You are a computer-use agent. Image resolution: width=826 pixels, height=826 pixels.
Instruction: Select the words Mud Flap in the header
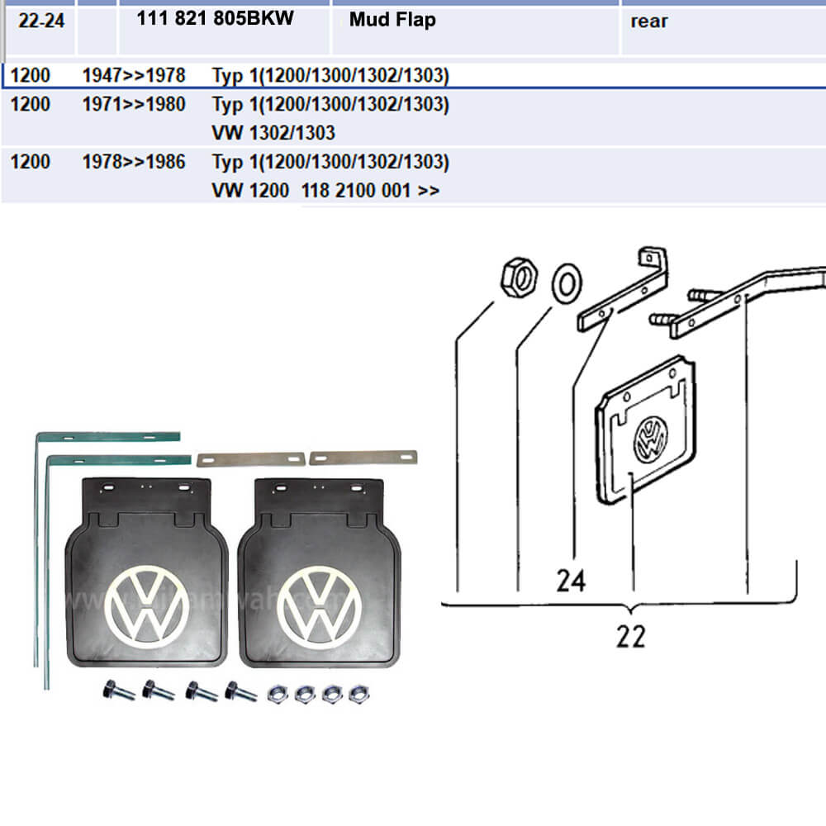pyautogui.click(x=392, y=20)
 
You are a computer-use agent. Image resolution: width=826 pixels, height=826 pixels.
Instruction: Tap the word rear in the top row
pyautogui.click(x=648, y=21)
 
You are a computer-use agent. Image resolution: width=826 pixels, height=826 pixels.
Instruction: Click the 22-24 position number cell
pyautogui.click(x=40, y=20)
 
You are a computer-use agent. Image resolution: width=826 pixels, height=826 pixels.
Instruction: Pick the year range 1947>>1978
pyautogui.click(x=134, y=77)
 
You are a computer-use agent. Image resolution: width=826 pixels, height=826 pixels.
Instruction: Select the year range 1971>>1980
pyautogui.click(x=134, y=105)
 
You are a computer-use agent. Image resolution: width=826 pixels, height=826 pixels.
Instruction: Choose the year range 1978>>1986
pyautogui.click(x=134, y=162)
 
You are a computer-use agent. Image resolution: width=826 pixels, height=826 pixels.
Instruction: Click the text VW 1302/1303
pyautogui.click(x=273, y=132)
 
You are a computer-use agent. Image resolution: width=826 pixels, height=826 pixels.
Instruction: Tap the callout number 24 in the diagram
pyautogui.click(x=571, y=582)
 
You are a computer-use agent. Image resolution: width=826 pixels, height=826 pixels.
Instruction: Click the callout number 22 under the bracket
pyautogui.click(x=630, y=637)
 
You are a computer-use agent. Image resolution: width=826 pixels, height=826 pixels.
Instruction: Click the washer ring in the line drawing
pyautogui.click(x=566, y=283)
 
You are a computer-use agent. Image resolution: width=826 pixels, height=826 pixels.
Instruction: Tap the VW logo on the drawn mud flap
pyautogui.click(x=650, y=439)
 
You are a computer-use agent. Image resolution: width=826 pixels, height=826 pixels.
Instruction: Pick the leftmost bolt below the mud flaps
pyautogui.click(x=117, y=690)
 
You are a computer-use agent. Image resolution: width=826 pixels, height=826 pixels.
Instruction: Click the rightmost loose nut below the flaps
pyautogui.click(x=357, y=693)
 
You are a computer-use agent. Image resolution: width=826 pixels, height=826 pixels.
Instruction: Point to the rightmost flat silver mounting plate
pyautogui.click(x=363, y=457)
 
